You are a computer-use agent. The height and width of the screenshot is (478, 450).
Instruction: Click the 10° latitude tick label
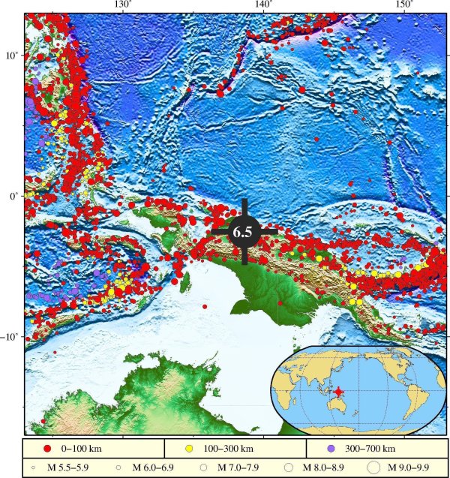10,56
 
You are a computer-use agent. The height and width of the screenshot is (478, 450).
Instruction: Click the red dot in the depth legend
47,449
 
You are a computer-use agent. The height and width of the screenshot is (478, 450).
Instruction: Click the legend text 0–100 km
83,449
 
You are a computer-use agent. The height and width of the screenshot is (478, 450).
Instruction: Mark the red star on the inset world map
339,392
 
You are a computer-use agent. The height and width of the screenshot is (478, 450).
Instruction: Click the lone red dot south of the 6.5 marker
279,302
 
